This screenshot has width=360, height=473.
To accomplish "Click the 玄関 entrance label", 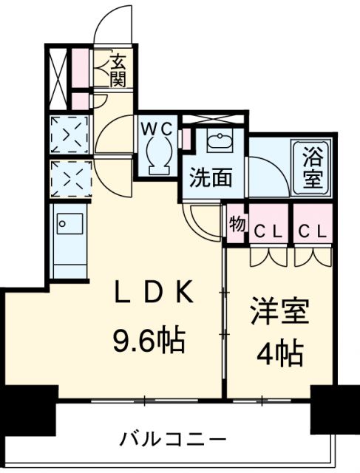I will tap(117, 69).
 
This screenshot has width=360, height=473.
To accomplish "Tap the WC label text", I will tap(157, 128).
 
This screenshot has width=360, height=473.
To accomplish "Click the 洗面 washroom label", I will tap(211, 177).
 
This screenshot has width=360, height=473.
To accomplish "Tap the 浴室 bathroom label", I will tap(313, 168).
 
